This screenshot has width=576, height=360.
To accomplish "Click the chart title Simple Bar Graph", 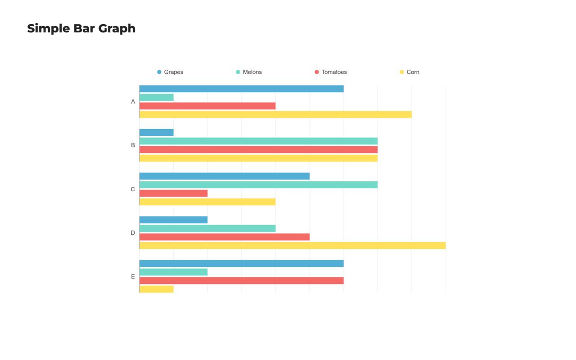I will click(81, 28).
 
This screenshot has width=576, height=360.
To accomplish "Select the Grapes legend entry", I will click(171, 72).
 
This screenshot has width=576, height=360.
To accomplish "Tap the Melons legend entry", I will click(249, 72).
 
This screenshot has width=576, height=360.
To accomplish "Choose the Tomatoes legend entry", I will click(331, 72).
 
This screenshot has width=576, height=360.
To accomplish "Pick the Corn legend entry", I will click(410, 72).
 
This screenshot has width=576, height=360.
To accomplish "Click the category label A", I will click(133, 102).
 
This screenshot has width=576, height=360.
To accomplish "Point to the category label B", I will click(133, 145).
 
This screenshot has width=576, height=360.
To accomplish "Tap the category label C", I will click(133, 189).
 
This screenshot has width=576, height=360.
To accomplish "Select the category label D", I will click(133, 233).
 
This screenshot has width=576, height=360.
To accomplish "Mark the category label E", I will click(133, 276).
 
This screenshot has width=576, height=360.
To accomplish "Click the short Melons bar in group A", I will click(157, 97).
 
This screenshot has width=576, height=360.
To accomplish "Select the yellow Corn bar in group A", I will click(275, 114).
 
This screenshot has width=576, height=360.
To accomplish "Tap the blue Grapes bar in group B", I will click(157, 132).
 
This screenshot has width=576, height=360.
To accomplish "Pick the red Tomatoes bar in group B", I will click(258, 149).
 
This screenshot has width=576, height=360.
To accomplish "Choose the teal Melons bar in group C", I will click(258, 184).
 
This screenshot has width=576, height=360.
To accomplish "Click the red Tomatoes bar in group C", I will click(174, 193).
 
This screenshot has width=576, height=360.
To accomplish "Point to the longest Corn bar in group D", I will click(292, 245).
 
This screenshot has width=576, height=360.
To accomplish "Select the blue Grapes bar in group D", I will click(174, 220).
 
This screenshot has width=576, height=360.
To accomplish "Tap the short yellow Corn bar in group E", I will click(157, 289).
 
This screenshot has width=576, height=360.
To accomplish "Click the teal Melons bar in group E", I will click(174, 272).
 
